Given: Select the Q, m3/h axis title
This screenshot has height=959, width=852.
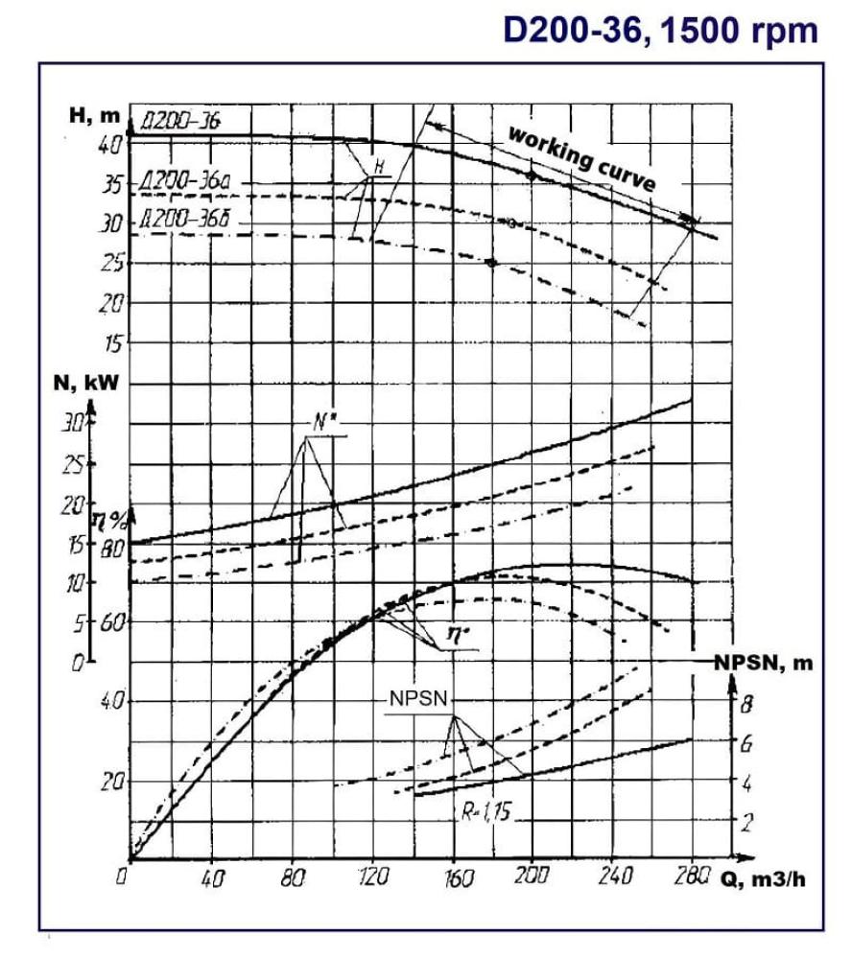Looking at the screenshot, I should tap(767, 877).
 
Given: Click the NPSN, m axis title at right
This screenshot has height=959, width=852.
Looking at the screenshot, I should tap(764, 664).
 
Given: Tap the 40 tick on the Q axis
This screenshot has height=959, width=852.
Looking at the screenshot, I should tap(213, 877).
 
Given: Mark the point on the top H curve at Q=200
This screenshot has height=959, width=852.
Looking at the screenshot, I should tap(531, 175).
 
